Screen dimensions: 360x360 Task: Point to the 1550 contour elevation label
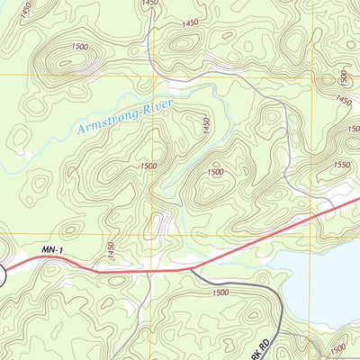[x=342, y=166]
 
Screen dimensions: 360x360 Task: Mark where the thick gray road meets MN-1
[x=191, y=269]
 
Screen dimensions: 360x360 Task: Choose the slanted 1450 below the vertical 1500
[x=343, y=101]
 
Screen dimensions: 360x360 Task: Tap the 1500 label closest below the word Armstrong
[x=148, y=166]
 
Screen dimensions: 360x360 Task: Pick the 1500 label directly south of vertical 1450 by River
[x=215, y=171]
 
